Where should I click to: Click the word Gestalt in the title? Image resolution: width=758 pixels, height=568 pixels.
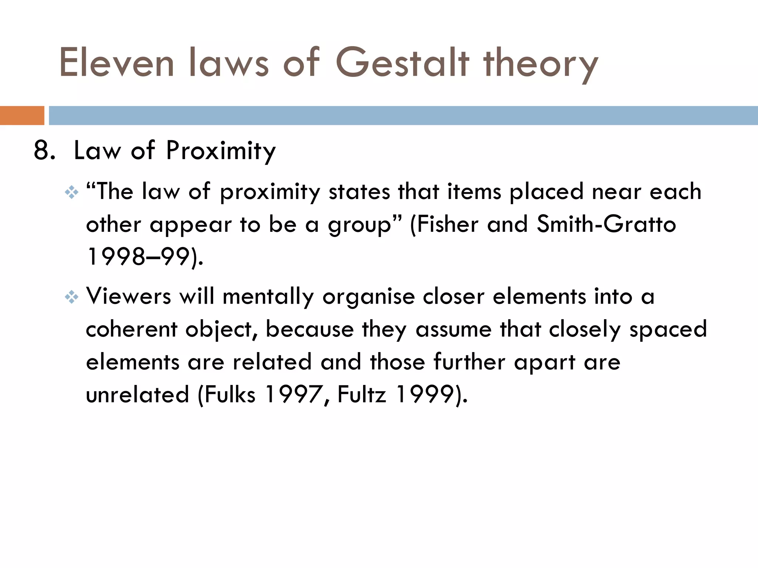pyautogui.click(x=402, y=63)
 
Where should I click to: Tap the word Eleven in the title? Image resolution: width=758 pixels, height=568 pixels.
pyautogui.click(x=116, y=63)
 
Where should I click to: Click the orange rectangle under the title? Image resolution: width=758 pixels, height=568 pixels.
pyautogui.click(x=22, y=115)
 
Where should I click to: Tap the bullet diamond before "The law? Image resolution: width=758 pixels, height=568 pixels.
pyautogui.click(x=71, y=192)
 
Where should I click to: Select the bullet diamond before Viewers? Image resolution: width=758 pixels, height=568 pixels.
pyautogui.click(x=71, y=297)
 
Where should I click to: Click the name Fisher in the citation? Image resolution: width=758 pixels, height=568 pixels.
pyautogui.click(x=447, y=224)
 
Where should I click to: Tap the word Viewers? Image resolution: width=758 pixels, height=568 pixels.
pyautogui.click(x=128, y=296)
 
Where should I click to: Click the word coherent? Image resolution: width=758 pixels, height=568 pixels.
pyautogui.click(x=131, y=329)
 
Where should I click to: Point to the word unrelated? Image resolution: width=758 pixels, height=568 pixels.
pyautogui.click(x=137, y=394)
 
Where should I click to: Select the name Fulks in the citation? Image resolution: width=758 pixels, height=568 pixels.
pyautogui.click(x=230, y=394)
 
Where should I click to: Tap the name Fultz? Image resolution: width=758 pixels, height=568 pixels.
pyautogui.click(x=362, y=394)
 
